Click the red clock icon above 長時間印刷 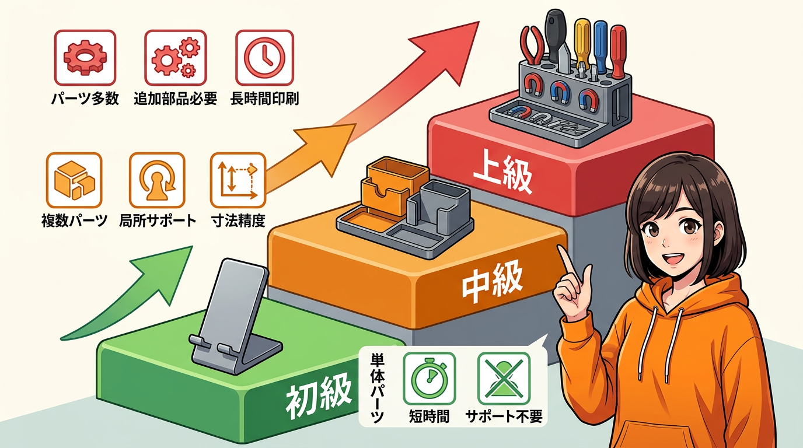(264, 58)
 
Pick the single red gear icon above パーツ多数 (85, 58)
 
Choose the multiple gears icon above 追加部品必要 (175, 58)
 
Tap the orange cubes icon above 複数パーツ (74, 180)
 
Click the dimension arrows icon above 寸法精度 (238, 180)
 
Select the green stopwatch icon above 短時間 (429, 379)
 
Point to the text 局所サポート (158, 220)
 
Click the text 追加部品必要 (175, 99)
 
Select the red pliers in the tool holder (532, 45)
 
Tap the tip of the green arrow (193, 246)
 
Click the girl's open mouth (674, 259)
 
